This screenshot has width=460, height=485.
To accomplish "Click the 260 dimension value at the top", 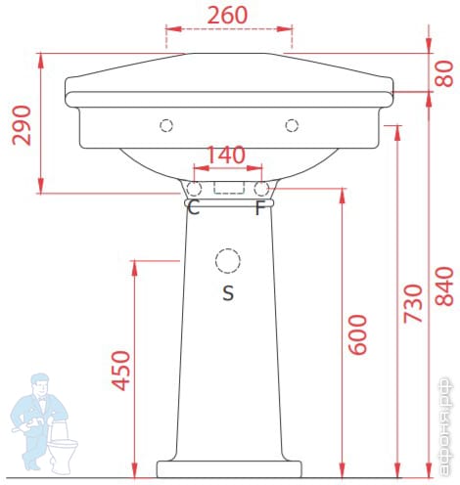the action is click(227, 15).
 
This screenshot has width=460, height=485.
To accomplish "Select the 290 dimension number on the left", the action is click(22, 125).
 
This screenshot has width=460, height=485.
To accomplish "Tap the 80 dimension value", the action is click(444, 73).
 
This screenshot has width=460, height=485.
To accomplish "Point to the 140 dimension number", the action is click(226, 154).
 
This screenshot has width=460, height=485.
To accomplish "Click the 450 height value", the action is click(121, 371).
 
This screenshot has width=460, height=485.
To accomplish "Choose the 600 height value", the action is click(357, 334).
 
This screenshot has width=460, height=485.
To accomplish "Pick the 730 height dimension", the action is click(413, 304).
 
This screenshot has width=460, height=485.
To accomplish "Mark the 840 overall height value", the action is click(444, 287).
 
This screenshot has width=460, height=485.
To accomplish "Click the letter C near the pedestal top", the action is click(194, 207).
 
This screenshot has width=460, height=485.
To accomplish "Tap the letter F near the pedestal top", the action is click(260, 208).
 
